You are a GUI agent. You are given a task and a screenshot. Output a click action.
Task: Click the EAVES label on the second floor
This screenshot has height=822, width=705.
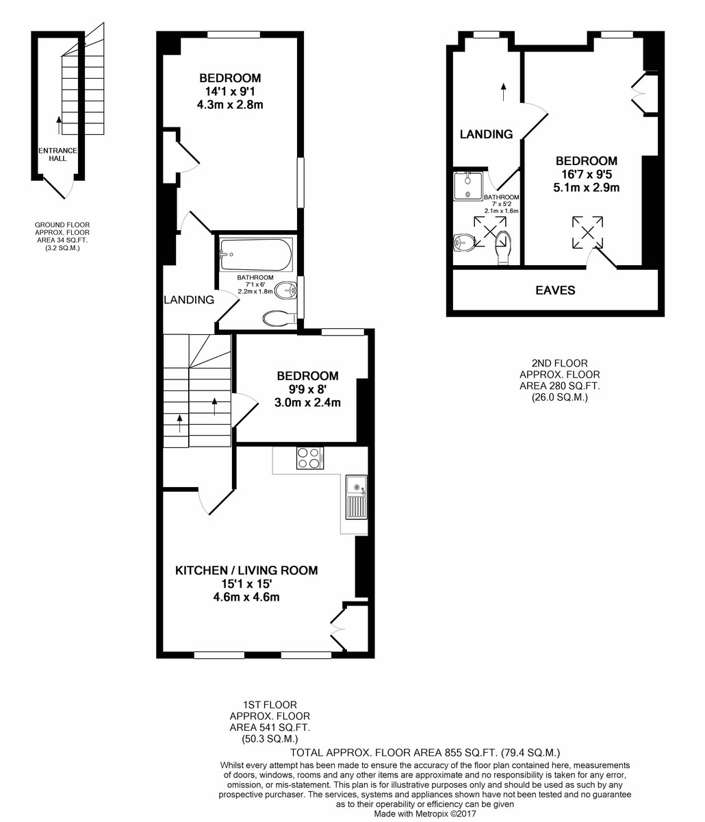[555, 290]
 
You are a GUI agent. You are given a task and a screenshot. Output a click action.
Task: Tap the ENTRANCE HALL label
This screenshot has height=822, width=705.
[57, 154]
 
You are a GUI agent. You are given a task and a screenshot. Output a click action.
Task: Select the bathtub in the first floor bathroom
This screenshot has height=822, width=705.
[256, 255]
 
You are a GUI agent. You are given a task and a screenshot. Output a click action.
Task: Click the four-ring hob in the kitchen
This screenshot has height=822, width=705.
[310, 458]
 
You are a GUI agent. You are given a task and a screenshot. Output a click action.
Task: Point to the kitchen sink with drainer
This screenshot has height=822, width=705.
[356, 497]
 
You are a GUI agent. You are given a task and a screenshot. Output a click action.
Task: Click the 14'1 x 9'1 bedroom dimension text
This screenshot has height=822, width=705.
[230, 92]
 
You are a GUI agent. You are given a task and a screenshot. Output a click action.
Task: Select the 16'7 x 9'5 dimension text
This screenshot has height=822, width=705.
[586, 174]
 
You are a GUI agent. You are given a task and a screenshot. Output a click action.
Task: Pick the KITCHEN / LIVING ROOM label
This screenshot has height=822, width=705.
[246, 571]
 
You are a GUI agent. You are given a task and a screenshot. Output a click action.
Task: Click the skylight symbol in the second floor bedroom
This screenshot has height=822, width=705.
[587, 232]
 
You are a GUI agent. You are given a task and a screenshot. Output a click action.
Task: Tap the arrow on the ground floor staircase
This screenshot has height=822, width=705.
[60, 125]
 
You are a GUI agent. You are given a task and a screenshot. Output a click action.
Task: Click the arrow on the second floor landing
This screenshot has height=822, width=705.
[504, 92]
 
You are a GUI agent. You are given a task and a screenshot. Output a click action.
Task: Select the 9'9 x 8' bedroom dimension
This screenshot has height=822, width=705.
[307, 389]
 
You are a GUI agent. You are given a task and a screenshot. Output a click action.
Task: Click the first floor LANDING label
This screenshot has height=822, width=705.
[189, 300]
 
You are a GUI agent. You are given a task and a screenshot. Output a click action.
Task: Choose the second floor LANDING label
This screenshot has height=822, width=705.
[486, 134]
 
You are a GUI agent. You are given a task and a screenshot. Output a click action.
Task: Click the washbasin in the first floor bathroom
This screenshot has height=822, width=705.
[286, 290]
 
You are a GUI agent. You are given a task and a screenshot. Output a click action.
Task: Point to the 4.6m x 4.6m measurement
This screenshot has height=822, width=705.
[246, 597]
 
